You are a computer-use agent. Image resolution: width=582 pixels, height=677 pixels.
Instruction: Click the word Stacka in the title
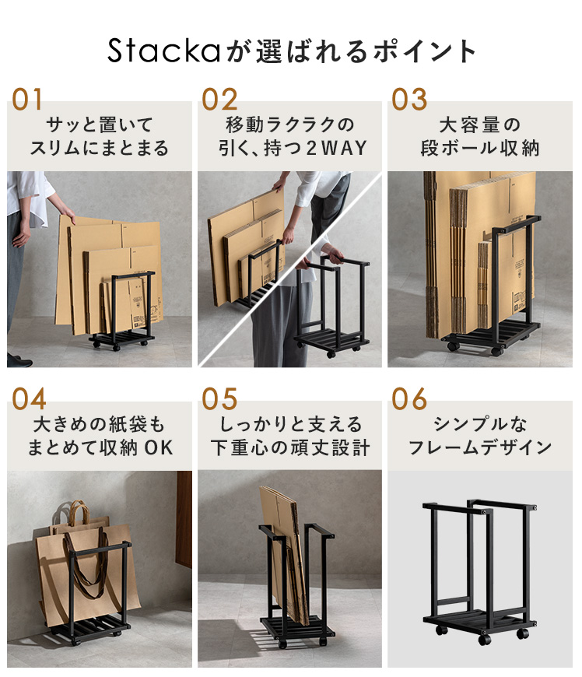pyautogui.click(x=164, y=51)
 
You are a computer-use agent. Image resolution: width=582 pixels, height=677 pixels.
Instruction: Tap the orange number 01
pyautogui.click(x=27, y=100)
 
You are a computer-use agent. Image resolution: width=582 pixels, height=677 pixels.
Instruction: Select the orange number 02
pyautogui.click(x=219, y=100)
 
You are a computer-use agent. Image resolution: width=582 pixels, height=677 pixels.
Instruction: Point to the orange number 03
pyautogui.click(x=409, y=100)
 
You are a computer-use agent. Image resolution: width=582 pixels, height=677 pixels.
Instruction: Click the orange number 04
pyautogui.click(x=29, y=398)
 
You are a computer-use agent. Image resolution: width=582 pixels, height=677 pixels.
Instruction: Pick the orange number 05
pyautogui.click(x=219, y=398)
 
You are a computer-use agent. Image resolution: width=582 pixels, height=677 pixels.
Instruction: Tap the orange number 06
pyautogui.click(x=409, y=398)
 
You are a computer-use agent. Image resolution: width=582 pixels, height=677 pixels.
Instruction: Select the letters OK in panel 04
pyautogui.click(x=159, y=447)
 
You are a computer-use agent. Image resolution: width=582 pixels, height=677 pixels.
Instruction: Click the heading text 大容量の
pyautogui.click(x=479, y=125)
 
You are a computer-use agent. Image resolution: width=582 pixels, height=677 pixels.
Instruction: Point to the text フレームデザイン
pyautogui.click(x=479, y=447)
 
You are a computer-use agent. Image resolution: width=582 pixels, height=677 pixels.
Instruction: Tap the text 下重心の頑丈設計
pyautogui.click(x=290, y=447)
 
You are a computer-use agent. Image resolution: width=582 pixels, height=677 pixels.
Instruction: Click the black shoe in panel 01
pyautogui.click(x=19, y=361)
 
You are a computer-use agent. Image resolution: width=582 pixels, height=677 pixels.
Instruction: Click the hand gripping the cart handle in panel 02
pyautogui.click(x=332, y=253)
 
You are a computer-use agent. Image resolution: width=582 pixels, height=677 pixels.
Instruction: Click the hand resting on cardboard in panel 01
pyautogui.click(x=67, y=215)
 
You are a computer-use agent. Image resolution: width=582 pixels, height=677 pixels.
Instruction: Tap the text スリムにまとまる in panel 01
pyautogui.click(x=100, y=148)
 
